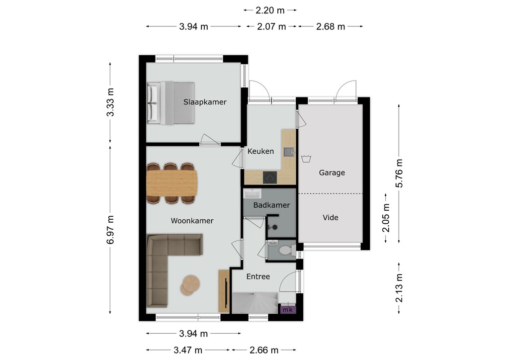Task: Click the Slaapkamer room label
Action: [205, 102]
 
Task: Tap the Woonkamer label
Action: [192, 221]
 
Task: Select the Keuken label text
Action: [260, 151]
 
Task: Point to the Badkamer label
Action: [271, 205]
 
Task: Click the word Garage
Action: [332, 173]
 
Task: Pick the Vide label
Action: [331, 217]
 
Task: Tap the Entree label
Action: [258, 276]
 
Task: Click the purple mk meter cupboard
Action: [288, 310]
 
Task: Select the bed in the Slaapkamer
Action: [171, 103]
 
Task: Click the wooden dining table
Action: [171, 183]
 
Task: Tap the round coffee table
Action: [190, 285]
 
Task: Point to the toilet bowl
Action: [286, 250]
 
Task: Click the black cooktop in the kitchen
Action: [270, 178]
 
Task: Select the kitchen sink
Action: [288, 152]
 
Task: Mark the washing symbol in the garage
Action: [306, 159]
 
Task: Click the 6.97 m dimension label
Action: [110, 230]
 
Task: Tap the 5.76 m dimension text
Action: [399, 174]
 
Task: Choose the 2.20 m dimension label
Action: [270, 10]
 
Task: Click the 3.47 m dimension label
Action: [188, 350]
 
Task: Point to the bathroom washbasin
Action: [252, 194]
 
